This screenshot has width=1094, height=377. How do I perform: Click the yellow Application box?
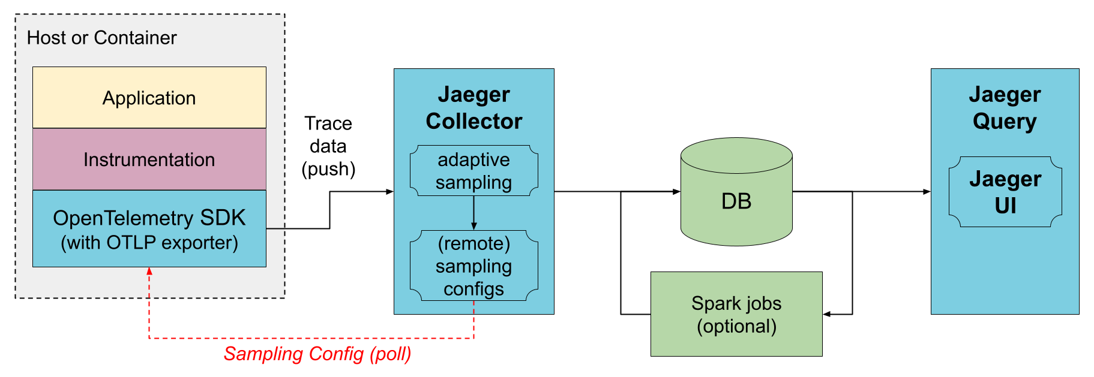[149, 98]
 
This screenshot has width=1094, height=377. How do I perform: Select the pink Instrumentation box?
[149, 159]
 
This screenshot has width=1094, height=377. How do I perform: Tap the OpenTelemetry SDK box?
[149, 228]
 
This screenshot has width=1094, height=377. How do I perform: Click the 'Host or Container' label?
[101, 38]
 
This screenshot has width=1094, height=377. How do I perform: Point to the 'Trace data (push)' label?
[328, 146]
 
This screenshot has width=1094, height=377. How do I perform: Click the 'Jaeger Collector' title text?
[473, 108]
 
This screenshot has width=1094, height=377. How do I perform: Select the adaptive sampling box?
[473, 171]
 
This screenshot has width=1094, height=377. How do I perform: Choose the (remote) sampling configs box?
[473, 266]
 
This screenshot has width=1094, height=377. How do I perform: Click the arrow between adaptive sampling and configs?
[473, 213]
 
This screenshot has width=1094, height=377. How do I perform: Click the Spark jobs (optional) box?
[736, 314]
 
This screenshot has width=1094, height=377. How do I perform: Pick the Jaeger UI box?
[1005, 192]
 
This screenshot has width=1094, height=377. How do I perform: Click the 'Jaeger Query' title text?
[1005, 108]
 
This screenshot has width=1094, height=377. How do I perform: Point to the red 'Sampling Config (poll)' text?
[317, 354]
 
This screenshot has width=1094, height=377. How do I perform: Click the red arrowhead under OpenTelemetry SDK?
[149, 271]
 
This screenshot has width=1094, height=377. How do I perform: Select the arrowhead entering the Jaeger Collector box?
[389, 192]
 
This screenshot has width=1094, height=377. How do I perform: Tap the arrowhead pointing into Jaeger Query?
[927, 192]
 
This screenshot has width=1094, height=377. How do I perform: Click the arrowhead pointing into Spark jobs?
[827, 314]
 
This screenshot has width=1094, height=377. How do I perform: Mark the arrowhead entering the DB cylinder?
[676, 192]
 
